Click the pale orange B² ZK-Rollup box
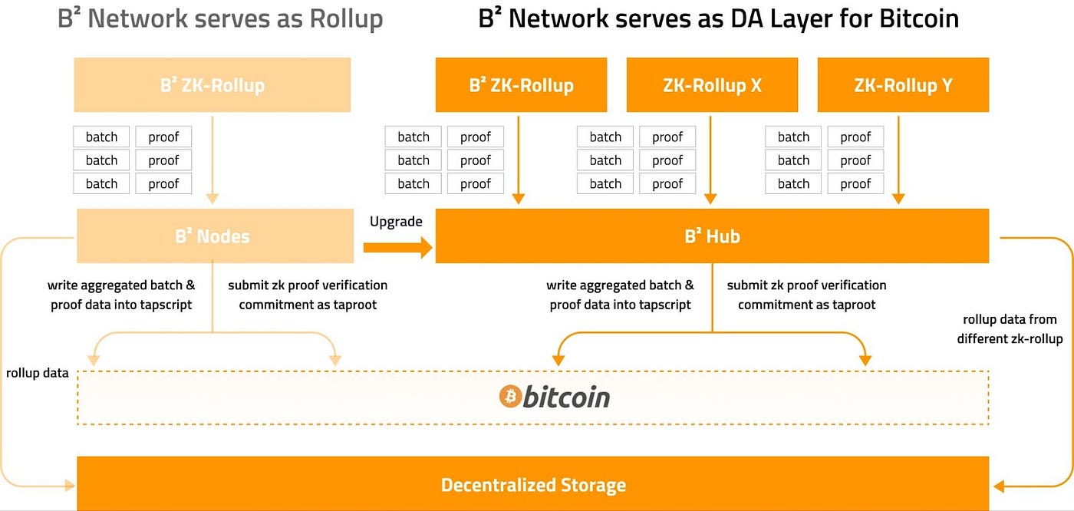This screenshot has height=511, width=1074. click(212, 84)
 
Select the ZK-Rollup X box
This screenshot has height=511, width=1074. click(712, 84)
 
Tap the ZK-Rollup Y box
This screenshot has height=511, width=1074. click(903, 84)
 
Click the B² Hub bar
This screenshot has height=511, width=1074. click(712, 236)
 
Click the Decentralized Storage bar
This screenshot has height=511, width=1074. click(533, 485)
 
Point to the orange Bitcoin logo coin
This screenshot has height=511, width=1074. click(510, 397)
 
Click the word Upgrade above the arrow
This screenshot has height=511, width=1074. click(396, 222)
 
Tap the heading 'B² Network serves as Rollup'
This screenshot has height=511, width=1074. click(220, 19)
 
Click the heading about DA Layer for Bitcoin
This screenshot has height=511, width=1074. click(718, 19)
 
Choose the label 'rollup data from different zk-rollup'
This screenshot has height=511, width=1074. click(1010, 328)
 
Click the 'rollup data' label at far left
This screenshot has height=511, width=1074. click(37, 374)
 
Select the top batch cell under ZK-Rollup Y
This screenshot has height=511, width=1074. click(793, 137)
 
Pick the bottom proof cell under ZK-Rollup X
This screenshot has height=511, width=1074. click(667, 183)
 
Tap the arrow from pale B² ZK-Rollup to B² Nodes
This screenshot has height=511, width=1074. click(212, 161)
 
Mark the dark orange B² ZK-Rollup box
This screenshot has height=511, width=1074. click(521, 84)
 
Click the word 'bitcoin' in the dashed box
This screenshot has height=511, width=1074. click(566, 397)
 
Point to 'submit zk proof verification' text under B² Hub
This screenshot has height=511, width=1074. click(806, 285)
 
